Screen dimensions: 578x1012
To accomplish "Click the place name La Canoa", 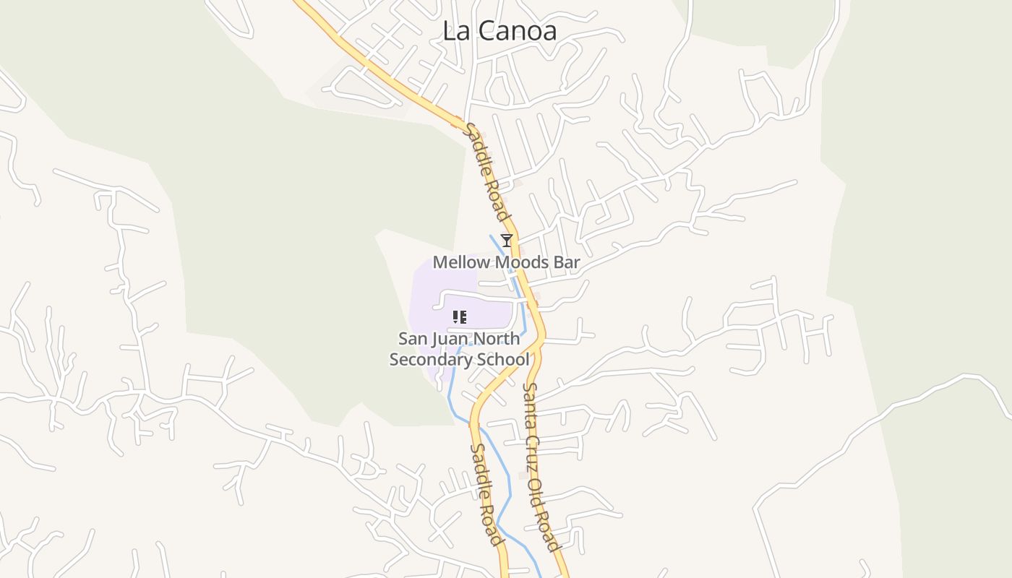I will (x=499, y=31).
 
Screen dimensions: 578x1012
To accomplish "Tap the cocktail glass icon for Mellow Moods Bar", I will (x=507, y=241).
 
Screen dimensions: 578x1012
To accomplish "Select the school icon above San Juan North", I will (x=459, y=316).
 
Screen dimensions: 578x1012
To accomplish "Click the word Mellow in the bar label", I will (x=458, y=262).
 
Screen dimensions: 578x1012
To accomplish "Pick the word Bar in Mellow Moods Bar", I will (x=566, y=262).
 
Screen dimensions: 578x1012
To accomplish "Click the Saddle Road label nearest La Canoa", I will (x=487, y=173).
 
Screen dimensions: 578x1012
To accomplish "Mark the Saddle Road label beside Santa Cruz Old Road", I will (x=486, y=494).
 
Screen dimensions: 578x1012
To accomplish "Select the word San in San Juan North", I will (x=411, y=339).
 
